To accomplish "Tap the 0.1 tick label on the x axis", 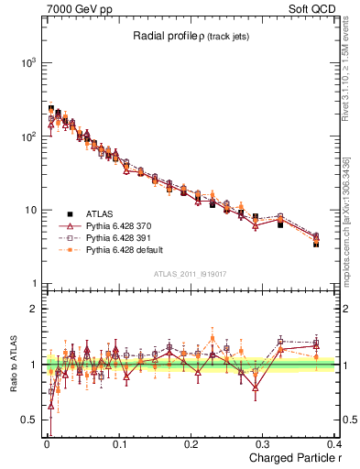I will pos(119,444).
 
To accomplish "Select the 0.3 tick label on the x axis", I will pos(265,444).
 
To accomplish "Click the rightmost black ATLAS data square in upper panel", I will pos(316,244).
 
